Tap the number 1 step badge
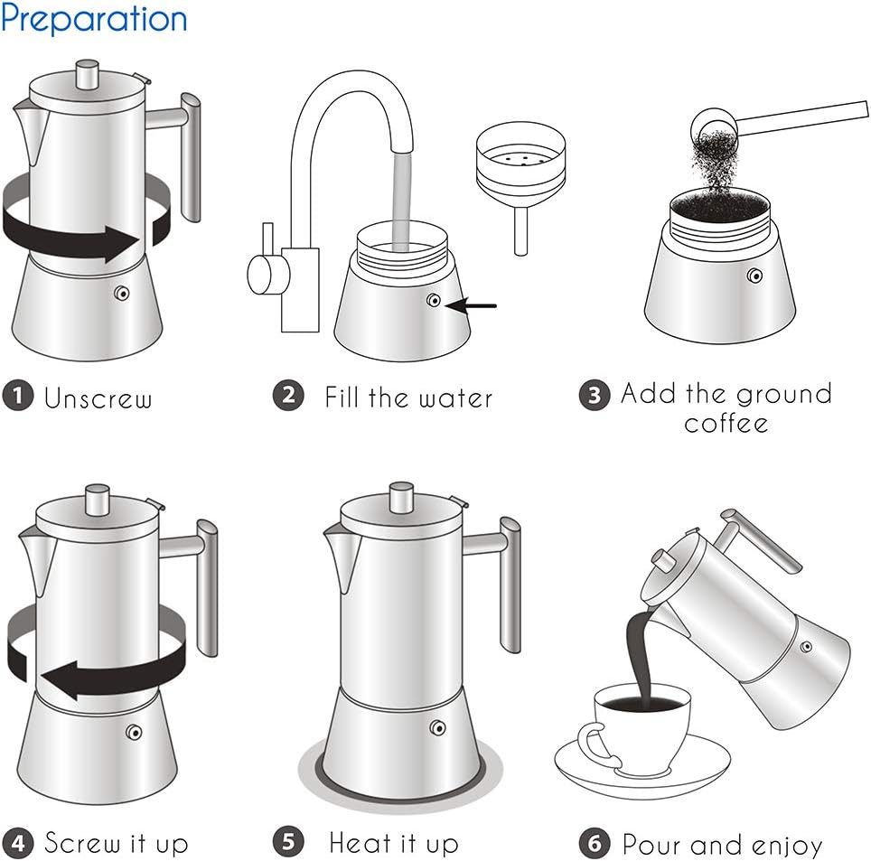point(17,397)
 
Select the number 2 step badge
point(288,396)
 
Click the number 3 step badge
point(594,396)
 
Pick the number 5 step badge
point(288,843)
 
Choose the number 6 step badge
point(594,844)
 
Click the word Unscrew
point(98,398)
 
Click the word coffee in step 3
point(726,423)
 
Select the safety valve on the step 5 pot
point(440,727)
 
